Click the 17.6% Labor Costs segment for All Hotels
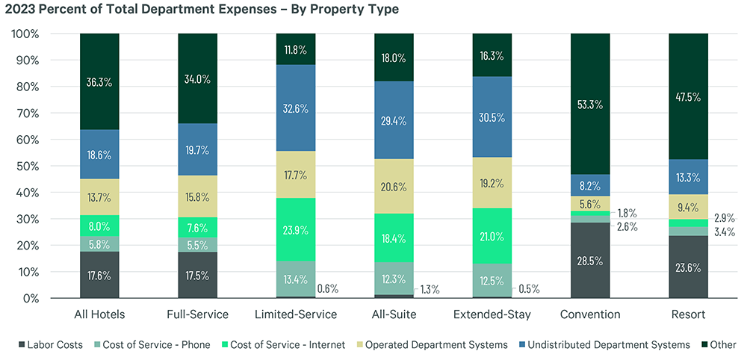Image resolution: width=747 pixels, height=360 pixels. [x=99, y=275]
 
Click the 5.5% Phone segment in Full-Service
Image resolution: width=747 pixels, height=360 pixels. [x=197, y=244]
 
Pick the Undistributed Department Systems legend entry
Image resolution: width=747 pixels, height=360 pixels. [x=607, y=345]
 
